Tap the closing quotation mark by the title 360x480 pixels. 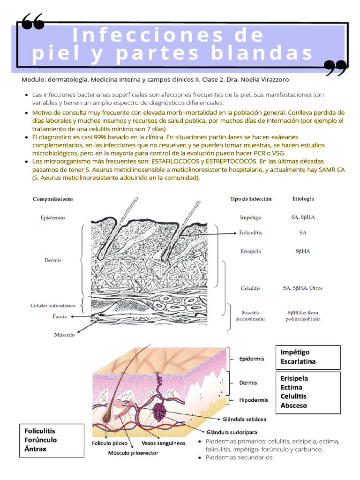336,68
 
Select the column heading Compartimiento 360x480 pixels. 53,199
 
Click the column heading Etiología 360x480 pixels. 303,198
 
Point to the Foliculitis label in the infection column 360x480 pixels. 250,232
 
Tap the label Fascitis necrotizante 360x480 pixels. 250,315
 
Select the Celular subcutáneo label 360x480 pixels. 53,306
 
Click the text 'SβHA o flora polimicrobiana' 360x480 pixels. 304,315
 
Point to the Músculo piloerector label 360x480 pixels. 133,453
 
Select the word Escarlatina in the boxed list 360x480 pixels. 298,361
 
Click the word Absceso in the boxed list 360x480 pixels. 293,405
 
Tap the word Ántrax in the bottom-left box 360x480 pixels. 35,449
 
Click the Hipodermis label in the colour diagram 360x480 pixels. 254,400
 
